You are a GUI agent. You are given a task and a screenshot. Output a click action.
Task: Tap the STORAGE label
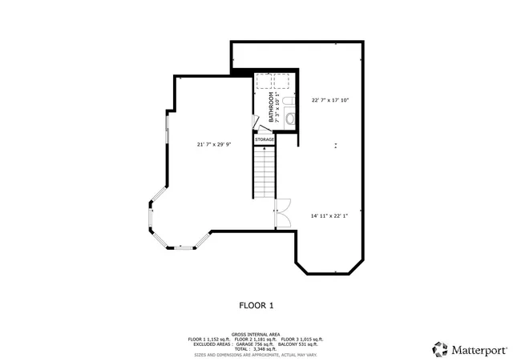point(265,139)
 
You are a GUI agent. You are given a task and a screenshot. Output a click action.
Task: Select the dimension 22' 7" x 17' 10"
point(330,100)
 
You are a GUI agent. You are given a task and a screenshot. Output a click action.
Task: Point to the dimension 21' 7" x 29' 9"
point(214,145)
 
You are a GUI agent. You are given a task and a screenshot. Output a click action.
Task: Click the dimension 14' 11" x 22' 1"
point(329,215)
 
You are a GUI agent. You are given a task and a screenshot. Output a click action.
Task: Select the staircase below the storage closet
point(265,173)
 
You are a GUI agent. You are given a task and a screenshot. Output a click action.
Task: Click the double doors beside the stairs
point(281,212)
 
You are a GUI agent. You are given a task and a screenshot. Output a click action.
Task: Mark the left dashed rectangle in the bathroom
point(265,80)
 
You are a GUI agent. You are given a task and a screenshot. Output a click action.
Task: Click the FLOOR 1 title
point(256,305)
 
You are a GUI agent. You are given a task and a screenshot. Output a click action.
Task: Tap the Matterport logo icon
point(440,349)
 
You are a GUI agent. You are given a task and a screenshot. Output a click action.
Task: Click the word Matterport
point(479,350)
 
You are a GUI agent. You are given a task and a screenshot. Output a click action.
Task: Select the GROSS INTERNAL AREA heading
point(256,334)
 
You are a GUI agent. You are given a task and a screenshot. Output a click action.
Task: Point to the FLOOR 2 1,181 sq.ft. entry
point(255,340)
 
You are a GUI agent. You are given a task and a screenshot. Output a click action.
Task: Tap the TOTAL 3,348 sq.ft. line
point(256,349)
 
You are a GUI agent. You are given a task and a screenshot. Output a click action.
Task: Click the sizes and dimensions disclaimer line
point(256,355)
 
